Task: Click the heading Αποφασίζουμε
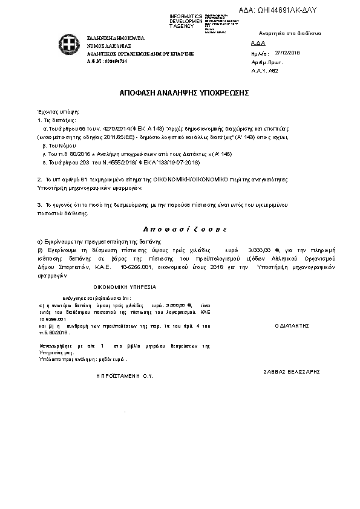[x=180, y=230]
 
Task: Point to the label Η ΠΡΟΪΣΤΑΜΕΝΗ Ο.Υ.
[x=125, y=375]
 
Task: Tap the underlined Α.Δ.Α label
[x=257, y=44]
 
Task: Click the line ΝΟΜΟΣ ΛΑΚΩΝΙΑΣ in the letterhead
[x=112, y=45]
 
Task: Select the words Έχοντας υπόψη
[x=59, y=112]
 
